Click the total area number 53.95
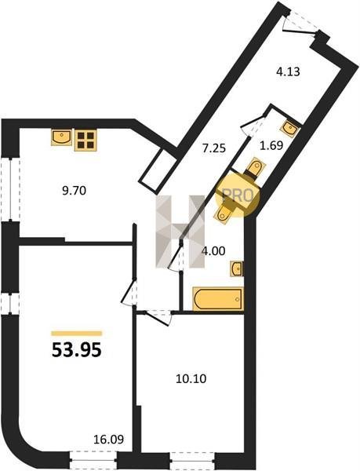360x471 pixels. [x=77, y=350]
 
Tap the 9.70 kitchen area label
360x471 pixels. [x=74, y=191]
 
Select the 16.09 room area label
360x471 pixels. [x=108, y=440]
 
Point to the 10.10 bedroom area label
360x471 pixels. [x=191, y=379]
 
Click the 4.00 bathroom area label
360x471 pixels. [x=213, y=251]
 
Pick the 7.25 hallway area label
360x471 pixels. [x=214, y=148]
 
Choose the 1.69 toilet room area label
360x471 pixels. [x=271, y=145]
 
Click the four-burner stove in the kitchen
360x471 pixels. [x=85, y=141]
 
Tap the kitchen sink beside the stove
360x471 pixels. [x=61, y=137]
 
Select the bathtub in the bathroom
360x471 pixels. [x=218, y=298]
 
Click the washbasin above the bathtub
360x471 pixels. [x=237, y=268]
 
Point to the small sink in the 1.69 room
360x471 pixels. [x=289, y=129]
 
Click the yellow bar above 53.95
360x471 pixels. [x=77, y=333]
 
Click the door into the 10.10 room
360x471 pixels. [x=158, y=318]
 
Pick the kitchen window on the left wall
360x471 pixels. [x=11, y=190]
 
